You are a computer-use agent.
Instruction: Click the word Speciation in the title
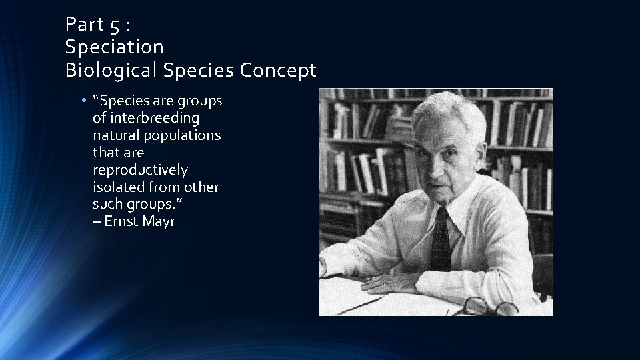pyautogui.click(x=114, y=47)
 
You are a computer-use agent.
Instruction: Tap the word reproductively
pyautogui.click(x=140, y=170)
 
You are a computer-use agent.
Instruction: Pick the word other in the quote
pyautogui.click(x=201, y=187)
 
